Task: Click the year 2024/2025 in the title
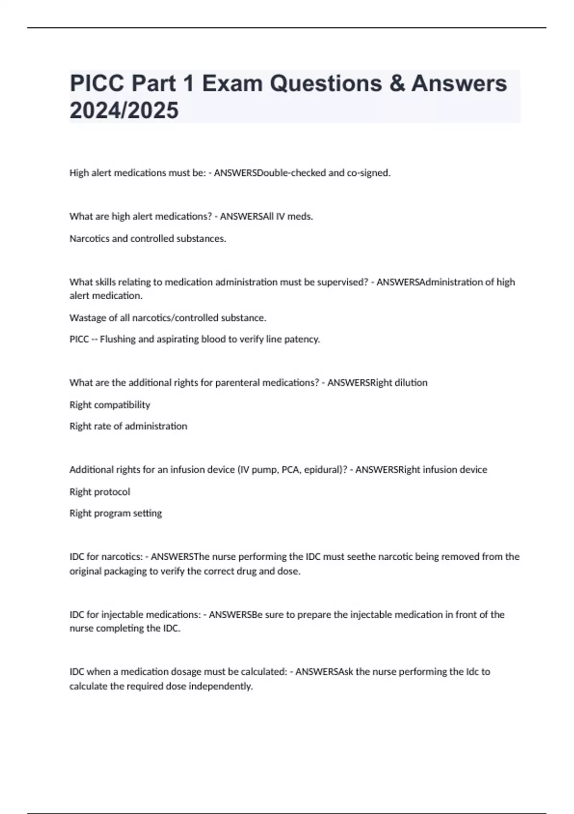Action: (x=124, y=111)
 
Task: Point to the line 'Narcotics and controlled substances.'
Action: (x=147, y=238)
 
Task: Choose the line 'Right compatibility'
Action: (x=110, y=405)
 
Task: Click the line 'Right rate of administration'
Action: (x=128, y=426)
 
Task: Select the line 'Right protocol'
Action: (x=99, y=492)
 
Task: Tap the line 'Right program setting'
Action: (x=115, y=513)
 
